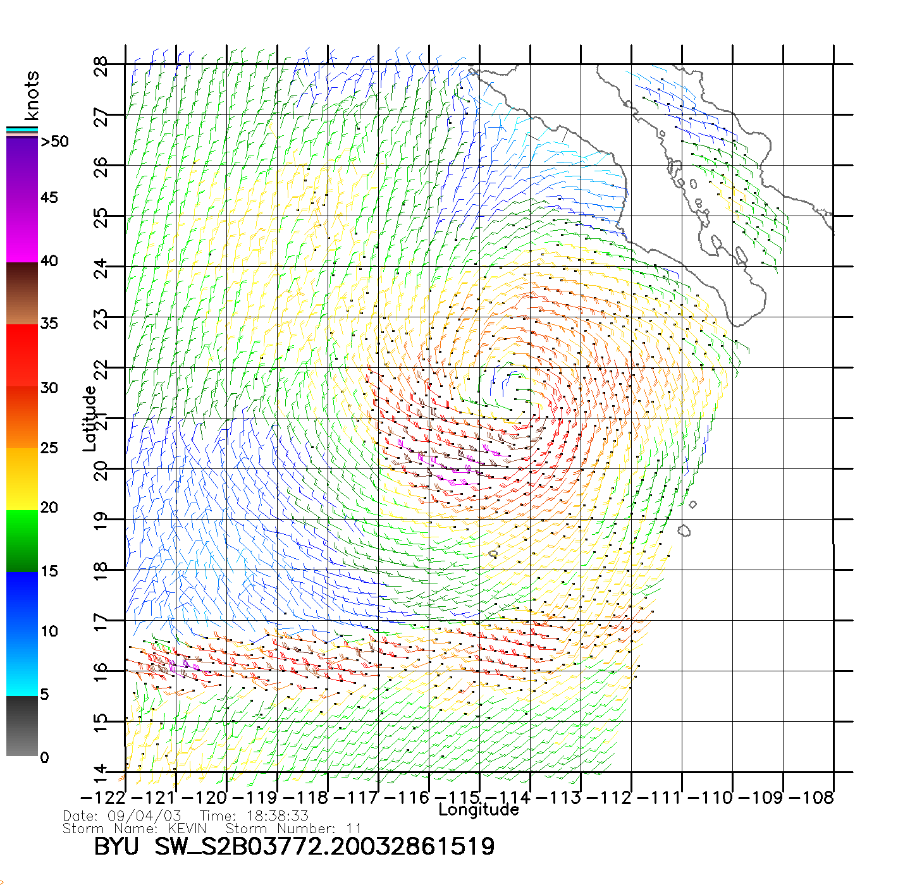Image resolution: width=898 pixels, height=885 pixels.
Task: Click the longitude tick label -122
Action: tap(102, 798)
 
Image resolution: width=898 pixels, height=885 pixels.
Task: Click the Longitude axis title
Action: tap(479, 810)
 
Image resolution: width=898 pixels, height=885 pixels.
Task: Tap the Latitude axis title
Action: tap(90, 418)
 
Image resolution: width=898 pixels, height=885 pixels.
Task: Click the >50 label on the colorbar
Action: tap(54, 142)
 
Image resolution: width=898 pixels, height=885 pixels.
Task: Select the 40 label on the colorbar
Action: tap(49, 261)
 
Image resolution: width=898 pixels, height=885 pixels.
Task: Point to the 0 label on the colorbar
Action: tap(44, 757)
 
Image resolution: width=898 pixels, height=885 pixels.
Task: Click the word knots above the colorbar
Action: tap(32, 95)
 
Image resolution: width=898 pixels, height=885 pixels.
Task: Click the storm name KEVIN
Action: tap(187, 829)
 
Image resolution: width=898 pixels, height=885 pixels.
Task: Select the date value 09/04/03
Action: tap(144, 816)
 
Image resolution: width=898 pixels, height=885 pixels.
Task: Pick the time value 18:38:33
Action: tap(273, 816)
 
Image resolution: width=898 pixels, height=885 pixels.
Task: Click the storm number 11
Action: tap(354, 829)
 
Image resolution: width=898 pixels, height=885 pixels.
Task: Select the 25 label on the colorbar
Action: tap(49, 448)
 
